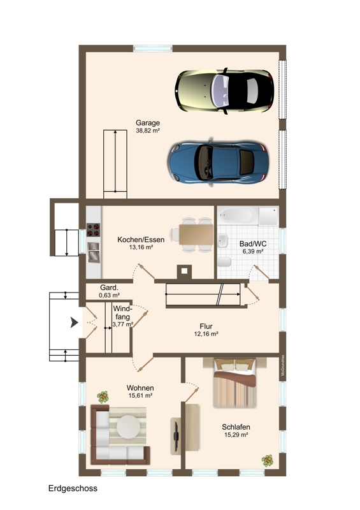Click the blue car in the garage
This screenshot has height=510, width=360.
[x=218, y=162]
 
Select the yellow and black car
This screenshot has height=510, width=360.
[x=224, y=91]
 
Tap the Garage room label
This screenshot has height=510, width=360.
[x=148, y=122]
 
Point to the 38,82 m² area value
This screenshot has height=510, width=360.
[x=148, y=131]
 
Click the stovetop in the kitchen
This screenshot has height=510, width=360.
[x=93, y=229]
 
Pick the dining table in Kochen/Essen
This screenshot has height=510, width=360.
[x=196, y=235]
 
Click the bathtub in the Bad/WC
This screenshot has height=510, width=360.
[x=238, y=215]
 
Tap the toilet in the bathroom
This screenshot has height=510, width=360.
[x=224, y=261]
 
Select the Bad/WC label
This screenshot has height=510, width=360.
[x=253, y=244]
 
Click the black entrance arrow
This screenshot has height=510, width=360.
[x=75, y=323]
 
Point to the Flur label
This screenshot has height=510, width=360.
[x=206, y=326]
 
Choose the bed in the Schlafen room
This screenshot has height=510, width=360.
[x=235, y=383]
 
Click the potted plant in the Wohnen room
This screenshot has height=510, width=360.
[x=103, y=397]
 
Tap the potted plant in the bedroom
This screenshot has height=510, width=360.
[x=268, y=460]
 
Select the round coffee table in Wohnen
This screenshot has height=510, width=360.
[x=129, y=426]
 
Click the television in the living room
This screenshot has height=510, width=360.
[x=176, y=436]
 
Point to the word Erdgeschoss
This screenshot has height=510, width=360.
[x=73, y=488]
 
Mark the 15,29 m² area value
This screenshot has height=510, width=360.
[x=236, y=435]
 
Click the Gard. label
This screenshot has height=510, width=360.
[x=109, y=288]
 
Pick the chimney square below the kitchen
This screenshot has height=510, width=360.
[x=184, y=270]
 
